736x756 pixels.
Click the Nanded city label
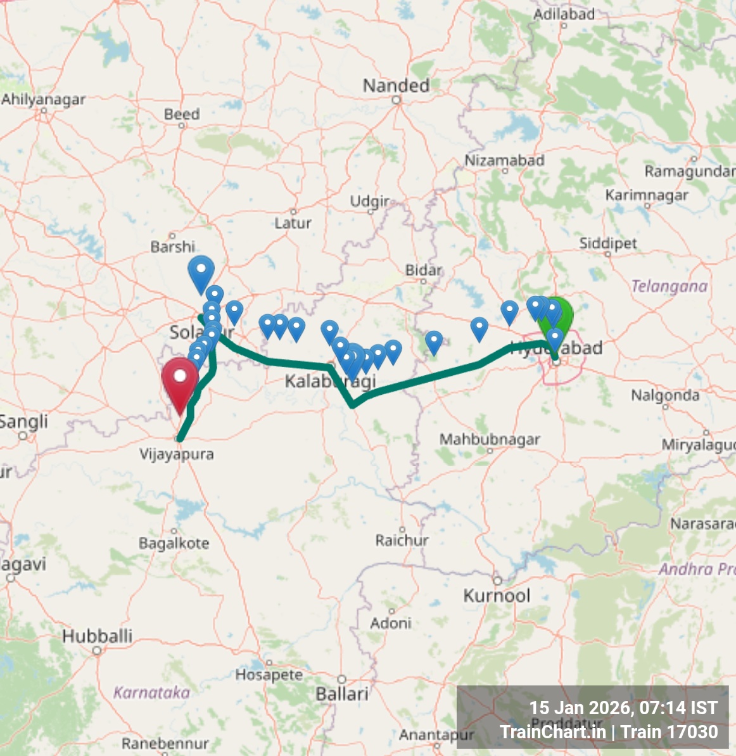(396, 86)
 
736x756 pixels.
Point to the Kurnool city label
(497, 596)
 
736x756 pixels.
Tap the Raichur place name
(402, 541)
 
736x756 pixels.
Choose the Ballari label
(342, 694)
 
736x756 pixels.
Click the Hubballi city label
(98, 636)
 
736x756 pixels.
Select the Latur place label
(293, 223)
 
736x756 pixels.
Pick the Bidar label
(424, 271)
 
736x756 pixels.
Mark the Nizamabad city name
(505, 160)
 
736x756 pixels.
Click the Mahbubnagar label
(490, 439)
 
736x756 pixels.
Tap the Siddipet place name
(608, 243)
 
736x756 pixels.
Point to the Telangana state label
(669, 286)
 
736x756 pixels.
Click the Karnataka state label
(151, 693)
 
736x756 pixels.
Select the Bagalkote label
(174, 543)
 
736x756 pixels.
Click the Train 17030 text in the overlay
(669, 732)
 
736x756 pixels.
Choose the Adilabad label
(564, 14)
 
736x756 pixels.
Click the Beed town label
(182, 114)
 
